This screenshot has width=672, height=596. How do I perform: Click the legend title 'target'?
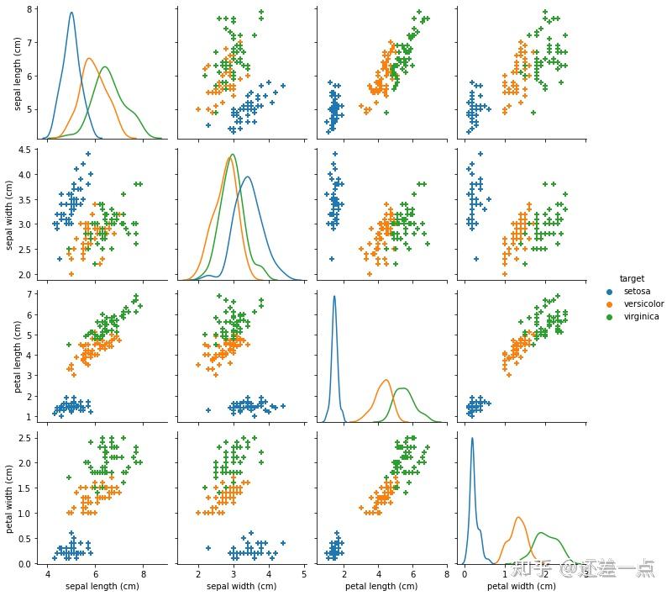[632, 277]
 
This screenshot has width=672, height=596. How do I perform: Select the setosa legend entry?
[638, 291]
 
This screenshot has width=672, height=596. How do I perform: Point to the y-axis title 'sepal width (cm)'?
[11, 211]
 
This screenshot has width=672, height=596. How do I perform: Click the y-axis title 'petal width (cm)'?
[11, 493]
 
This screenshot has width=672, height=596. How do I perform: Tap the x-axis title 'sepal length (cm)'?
[102, 585]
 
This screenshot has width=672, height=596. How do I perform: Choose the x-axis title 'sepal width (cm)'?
[241, 585]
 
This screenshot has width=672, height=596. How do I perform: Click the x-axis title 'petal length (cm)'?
[381, 585]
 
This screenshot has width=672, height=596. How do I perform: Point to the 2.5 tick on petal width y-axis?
[26, 437]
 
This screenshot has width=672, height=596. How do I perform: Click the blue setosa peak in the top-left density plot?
[71, 13]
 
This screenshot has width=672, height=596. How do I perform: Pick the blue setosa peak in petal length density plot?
[334, 296]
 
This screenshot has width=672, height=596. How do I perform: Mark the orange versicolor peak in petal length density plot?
[386, 380]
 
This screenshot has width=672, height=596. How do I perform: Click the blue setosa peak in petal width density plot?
[472, 438]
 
